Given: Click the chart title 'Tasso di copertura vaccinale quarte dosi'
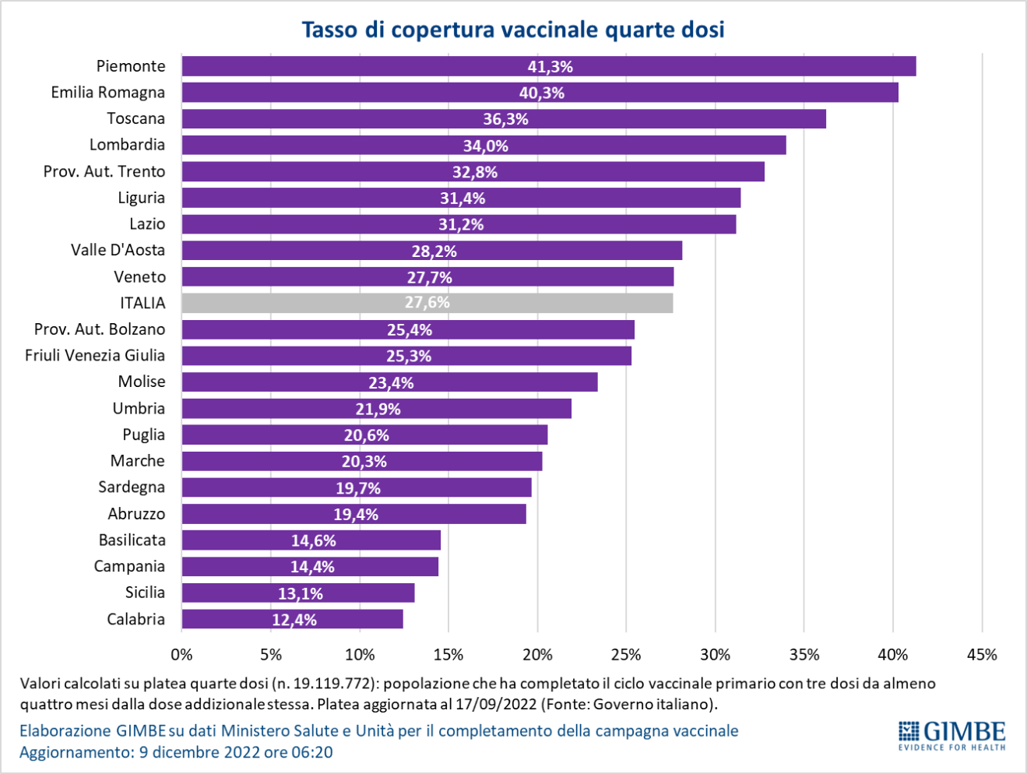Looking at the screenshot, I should click(x=513, y=30).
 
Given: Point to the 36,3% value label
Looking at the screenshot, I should click(x=505, y=119).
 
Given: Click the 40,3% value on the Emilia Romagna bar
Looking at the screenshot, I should click(x=541, y=93).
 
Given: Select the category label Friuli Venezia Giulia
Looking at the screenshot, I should click(x=95, y=356).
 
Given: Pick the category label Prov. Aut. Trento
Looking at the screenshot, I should click(x=104, y=171).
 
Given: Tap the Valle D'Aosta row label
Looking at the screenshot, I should click(x=118, y=250).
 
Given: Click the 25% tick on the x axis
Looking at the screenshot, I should click(x=626, y=655).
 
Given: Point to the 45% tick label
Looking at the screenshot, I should click(x=981, y=655).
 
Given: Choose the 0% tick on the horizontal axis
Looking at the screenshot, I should click(x=181, y=655).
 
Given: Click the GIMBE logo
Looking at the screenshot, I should click(x=951, y=735).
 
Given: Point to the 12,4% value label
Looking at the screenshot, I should click(x=294, y=620).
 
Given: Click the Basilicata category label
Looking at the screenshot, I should click(x=132, y=540).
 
